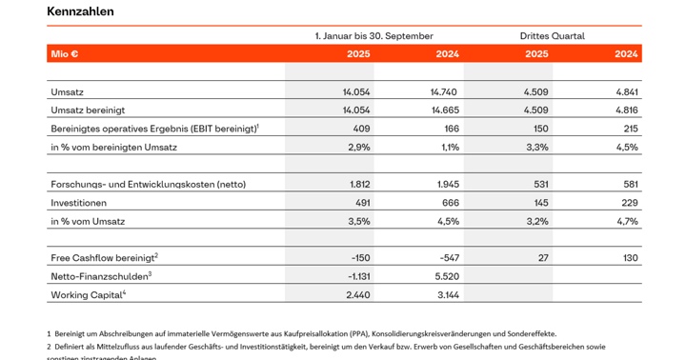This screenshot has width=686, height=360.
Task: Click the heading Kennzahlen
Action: pyautogui.click(x=80, y=12)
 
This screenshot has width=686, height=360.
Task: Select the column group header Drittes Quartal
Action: pyautogui.click(x=552, y=36)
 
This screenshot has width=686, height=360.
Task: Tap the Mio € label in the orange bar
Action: pyautogui.click(x=65, y=54)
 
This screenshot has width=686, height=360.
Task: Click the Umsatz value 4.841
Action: pyautogui.click(x=622, y=92)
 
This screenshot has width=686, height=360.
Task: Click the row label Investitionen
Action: pyautogui.click(x=79, y=203)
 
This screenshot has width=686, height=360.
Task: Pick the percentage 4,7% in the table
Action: pyautogui.click(x=626, y=221)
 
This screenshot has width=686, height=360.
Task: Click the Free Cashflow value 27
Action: pyautogui.click(x=542, y=258)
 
